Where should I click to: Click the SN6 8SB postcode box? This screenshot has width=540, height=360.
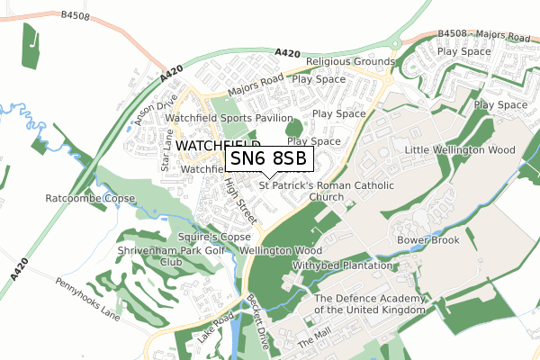click(268, 158)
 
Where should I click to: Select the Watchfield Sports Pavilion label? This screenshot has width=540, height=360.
click(229, 118)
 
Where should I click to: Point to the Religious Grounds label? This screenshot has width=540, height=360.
click(350, 62)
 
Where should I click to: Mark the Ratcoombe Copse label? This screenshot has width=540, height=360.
click(90, 198)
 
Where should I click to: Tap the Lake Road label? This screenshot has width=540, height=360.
click(210, 327)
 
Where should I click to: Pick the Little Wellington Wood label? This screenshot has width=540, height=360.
click(459, 149)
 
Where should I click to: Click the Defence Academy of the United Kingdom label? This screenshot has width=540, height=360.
click(369, 304)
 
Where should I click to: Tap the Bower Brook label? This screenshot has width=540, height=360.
click(428, 240)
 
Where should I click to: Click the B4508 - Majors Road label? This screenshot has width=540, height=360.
click(483, 36)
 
